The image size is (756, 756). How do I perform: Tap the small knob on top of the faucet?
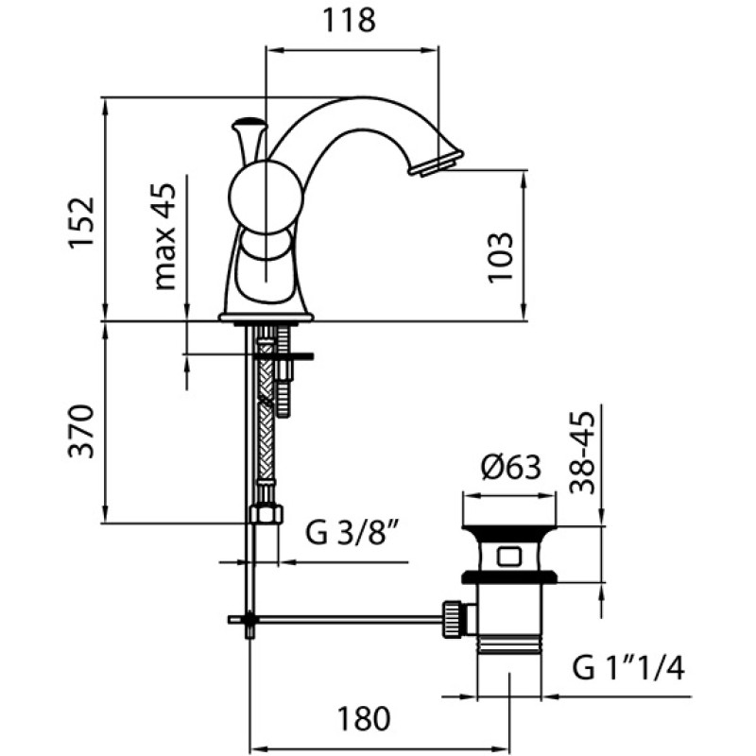tap(249, 124)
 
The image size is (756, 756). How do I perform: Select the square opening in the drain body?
tap(510, 554)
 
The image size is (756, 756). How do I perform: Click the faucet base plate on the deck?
tap(266, 318)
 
